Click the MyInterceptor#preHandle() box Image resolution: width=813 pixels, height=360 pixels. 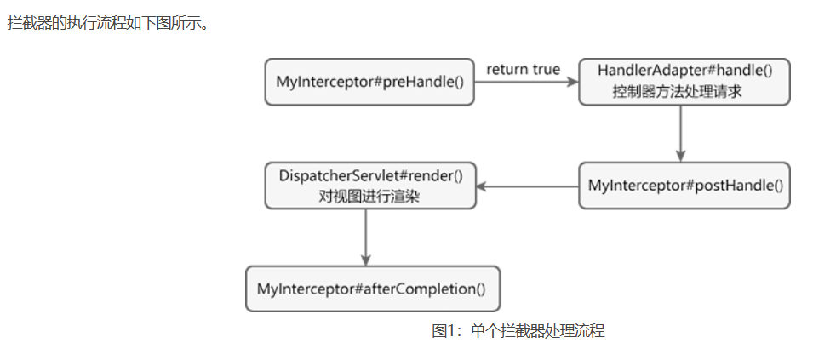369,83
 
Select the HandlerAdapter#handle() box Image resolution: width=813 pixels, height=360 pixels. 684,83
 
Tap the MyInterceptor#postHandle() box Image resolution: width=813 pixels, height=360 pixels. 684,186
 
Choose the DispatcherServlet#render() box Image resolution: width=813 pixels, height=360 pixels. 369,186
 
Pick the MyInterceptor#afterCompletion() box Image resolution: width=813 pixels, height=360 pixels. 371,289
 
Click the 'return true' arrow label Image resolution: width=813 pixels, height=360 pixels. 523,69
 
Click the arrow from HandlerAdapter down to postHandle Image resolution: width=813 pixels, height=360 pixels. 680,133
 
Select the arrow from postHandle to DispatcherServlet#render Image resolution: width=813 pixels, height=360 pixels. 527,186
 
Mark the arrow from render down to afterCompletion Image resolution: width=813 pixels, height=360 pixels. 365,237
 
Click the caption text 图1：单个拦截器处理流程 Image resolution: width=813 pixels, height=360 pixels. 518,331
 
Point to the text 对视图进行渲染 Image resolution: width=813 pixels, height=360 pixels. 369,196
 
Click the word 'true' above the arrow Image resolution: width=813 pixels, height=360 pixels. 546,69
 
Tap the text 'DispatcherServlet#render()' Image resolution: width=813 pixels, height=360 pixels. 370,175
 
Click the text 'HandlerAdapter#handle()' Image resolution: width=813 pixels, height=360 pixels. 684,71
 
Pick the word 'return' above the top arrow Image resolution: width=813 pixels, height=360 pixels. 507,69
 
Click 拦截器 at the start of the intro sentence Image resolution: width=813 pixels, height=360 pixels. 27,23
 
